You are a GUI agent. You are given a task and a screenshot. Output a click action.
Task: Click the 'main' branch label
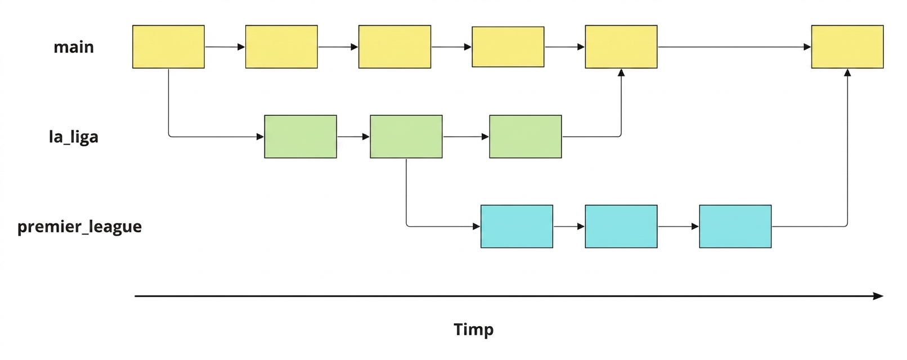pos(74,47)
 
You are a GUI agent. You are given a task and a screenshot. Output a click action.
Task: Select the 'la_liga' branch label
pos(74,137)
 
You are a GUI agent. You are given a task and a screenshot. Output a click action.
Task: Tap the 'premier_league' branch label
pos(79,226)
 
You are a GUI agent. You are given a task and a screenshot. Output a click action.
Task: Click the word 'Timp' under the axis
pos(473,329)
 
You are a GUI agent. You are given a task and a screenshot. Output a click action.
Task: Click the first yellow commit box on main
pos(168,47)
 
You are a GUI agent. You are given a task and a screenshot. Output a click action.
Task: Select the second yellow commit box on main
pos(281,47)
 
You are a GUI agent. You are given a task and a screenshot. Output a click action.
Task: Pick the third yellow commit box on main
pos(395,47)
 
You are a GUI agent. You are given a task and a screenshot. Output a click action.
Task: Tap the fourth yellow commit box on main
pos(508,47)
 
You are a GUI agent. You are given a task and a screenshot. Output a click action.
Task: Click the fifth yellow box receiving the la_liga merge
pos(621,47)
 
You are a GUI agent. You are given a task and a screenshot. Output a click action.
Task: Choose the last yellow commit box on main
pos(847,47)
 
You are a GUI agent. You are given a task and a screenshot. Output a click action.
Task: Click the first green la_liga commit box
pos(300,137)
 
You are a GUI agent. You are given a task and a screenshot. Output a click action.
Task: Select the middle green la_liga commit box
pos(406,137)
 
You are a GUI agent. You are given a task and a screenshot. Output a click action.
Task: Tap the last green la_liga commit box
pos(526,137)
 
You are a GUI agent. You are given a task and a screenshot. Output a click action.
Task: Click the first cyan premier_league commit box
pos(517,226)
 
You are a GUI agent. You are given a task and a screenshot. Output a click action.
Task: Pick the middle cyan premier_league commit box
pos(621,226)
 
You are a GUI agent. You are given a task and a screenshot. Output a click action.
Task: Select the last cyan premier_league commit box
pos(735,226)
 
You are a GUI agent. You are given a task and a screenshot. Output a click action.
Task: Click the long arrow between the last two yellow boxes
pos(734,47)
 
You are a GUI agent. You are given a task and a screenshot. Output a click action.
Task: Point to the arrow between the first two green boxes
pos(353,137)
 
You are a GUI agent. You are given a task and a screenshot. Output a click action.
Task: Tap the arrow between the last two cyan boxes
pos(679,226)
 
